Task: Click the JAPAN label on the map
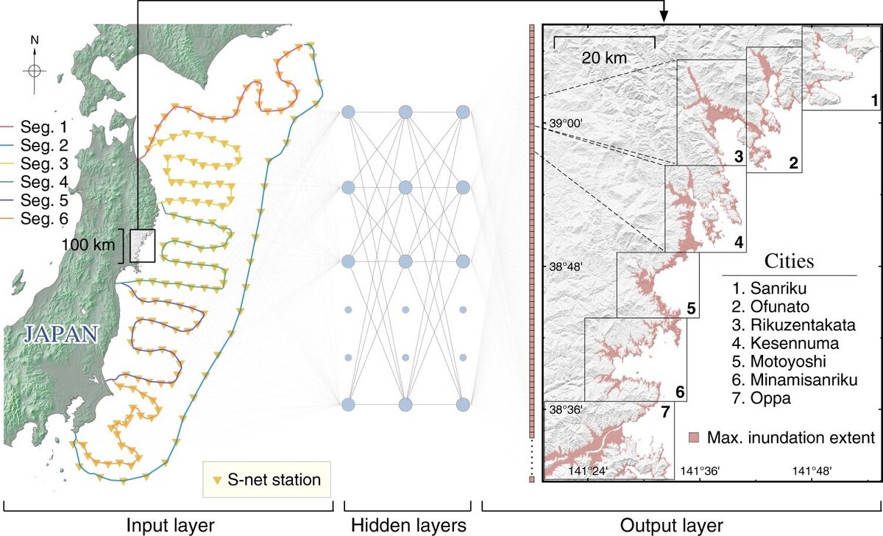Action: point(60,334)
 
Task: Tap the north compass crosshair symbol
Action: point(35,71)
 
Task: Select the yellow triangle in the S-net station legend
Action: point(217,480)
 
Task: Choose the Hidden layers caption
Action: point(408,525)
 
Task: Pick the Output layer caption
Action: point(681,525)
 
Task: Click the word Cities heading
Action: point(789,261)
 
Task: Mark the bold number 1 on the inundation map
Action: point(873,99)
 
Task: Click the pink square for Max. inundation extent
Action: point(694,438)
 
